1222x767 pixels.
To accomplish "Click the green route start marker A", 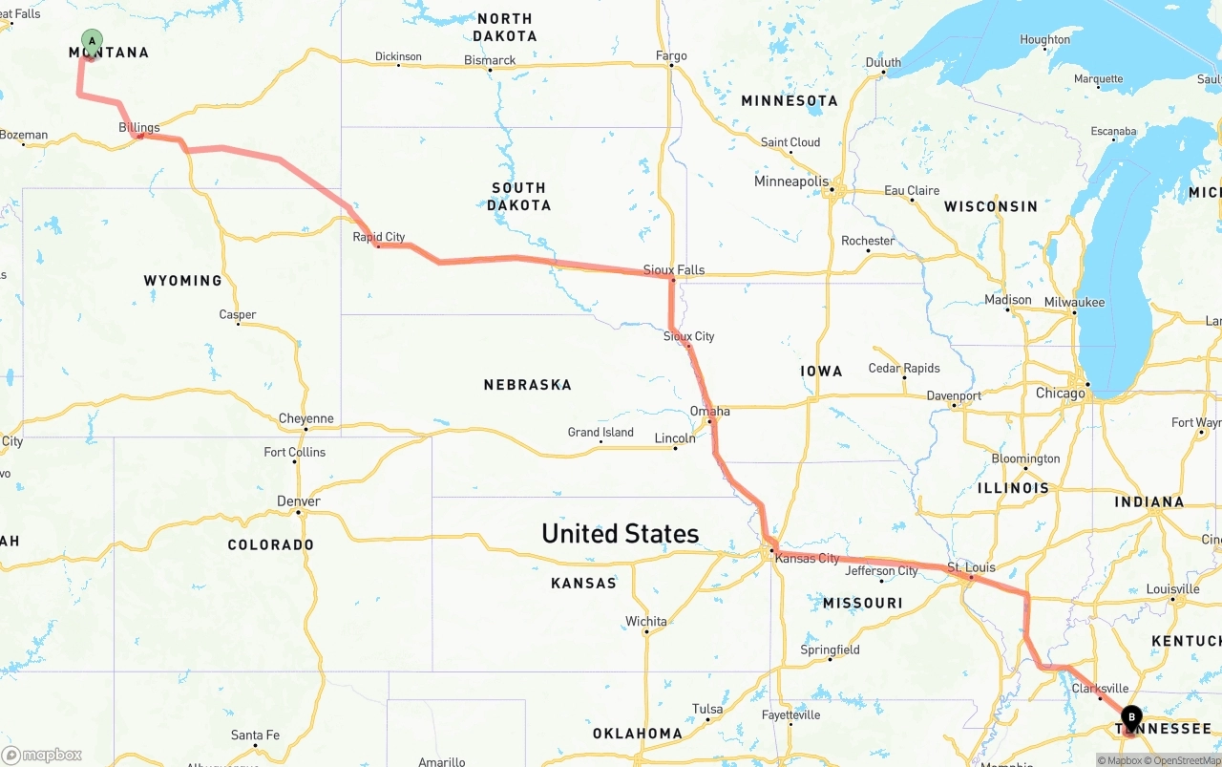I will point(92,41).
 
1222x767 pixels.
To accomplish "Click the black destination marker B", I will point(1131,717).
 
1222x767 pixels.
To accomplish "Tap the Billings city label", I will point(139,127).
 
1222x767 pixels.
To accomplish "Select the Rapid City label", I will point(379,237).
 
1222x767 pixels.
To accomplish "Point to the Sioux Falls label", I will point(674,269).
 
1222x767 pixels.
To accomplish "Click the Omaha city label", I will point(710,411).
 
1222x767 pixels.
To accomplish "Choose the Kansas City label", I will point(808,558).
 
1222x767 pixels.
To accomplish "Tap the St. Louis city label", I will point(971,567).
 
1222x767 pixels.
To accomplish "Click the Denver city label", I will point(299,501).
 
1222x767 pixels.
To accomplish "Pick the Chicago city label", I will point(1060,393).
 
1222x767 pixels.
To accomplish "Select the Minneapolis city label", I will point(791,181).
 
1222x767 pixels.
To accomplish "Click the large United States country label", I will point(620,533).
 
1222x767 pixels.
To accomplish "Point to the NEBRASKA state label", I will point(527,385).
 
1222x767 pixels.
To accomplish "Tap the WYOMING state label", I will point(182,280).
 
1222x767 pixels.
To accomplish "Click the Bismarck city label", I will point(490,60).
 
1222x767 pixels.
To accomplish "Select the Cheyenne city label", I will point(306,418).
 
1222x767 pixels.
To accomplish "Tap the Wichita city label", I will point(646,622).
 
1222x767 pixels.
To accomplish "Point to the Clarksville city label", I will point(1100,689).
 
